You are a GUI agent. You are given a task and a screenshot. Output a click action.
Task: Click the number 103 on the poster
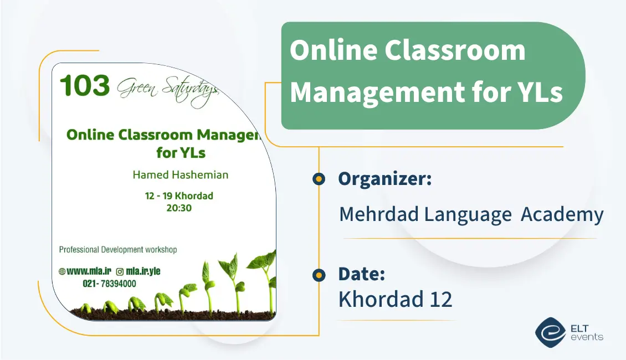click(85, 86)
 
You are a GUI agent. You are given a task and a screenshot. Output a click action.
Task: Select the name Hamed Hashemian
click(180, 174)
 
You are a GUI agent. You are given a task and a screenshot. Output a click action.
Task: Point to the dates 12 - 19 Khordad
click(178, 196)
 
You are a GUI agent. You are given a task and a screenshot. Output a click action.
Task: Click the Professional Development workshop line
click(118, 250)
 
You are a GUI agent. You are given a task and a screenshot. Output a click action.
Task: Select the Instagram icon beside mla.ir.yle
click(120, 271)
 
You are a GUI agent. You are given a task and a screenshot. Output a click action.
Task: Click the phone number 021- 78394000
click(109, 284)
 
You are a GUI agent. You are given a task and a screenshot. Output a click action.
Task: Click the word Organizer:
click(384, 179)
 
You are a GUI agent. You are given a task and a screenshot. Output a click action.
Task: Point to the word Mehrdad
click(379, 214)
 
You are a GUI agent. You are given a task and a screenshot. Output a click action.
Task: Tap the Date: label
click(361, 274)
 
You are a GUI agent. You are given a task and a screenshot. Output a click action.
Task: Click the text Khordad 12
click(395, 299)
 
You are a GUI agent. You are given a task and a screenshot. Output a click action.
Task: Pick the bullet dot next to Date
click(319, 275)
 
